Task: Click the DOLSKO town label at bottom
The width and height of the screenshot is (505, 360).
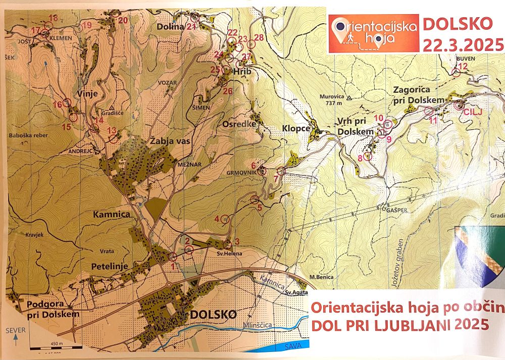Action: (213, 314)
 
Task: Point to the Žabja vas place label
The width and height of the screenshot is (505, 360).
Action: (169, 141)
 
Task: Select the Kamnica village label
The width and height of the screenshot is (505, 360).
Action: (112, 214)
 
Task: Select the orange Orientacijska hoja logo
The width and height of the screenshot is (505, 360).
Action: (373, 33)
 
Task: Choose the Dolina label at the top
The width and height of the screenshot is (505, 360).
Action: (170, 27)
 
